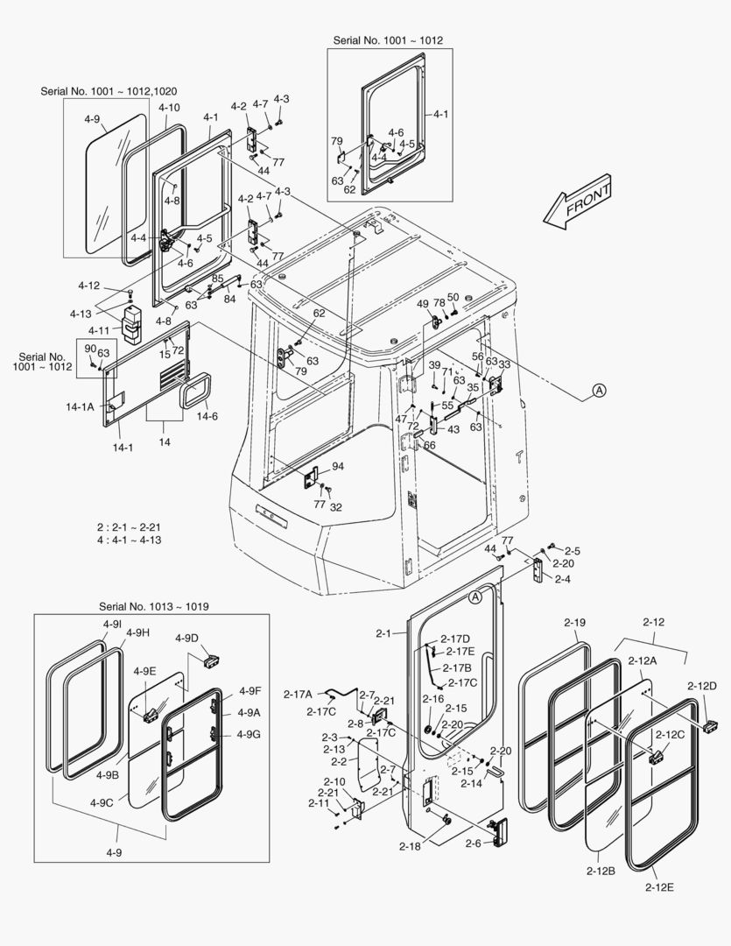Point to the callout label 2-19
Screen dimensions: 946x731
pyautogui.click(x=574, y=622)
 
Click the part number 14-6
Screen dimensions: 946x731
pyautogui.click(x=207, y=416)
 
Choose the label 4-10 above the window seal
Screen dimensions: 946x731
pyautogui.click(x=169, y=108)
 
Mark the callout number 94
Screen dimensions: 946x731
pyautogui.click(x=337, y=466)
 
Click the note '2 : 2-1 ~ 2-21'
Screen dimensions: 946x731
pyautogui.click(x=129, y=527)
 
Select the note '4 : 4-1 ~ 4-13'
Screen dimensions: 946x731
pyautogui.click(x=129, y=540)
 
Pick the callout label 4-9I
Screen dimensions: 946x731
pyautogui.click(x=111, y=623)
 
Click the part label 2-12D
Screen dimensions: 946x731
pyautogui.click(x=701, y=685)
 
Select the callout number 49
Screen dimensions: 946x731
pyautogui.click(x=423, y=303)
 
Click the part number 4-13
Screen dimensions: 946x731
pyautogui.click(x=81, y=314)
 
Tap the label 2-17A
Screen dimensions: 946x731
pyautogui.click(x=298, y=695)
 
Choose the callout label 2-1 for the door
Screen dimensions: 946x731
pyautogui.click(x=385, y=632)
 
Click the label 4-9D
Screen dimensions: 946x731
pyautogui.click(x=186, y=637)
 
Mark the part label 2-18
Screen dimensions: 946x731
pyautogui.click(x=411, y=846)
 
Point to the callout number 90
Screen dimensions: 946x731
pyautogui.click(x=89, y=349)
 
